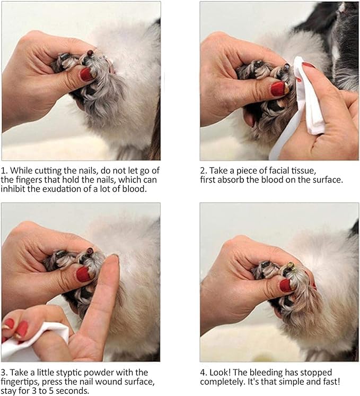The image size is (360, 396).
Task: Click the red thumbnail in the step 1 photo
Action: pos(87,74)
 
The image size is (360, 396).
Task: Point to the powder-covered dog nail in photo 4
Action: pos(291,263)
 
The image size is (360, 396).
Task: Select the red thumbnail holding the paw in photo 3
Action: pos(84,274)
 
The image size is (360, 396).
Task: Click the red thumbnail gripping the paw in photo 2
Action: pos(278,89)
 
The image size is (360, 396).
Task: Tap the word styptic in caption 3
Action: pos(78,372)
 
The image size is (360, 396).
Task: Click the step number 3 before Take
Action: pos(4,372)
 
